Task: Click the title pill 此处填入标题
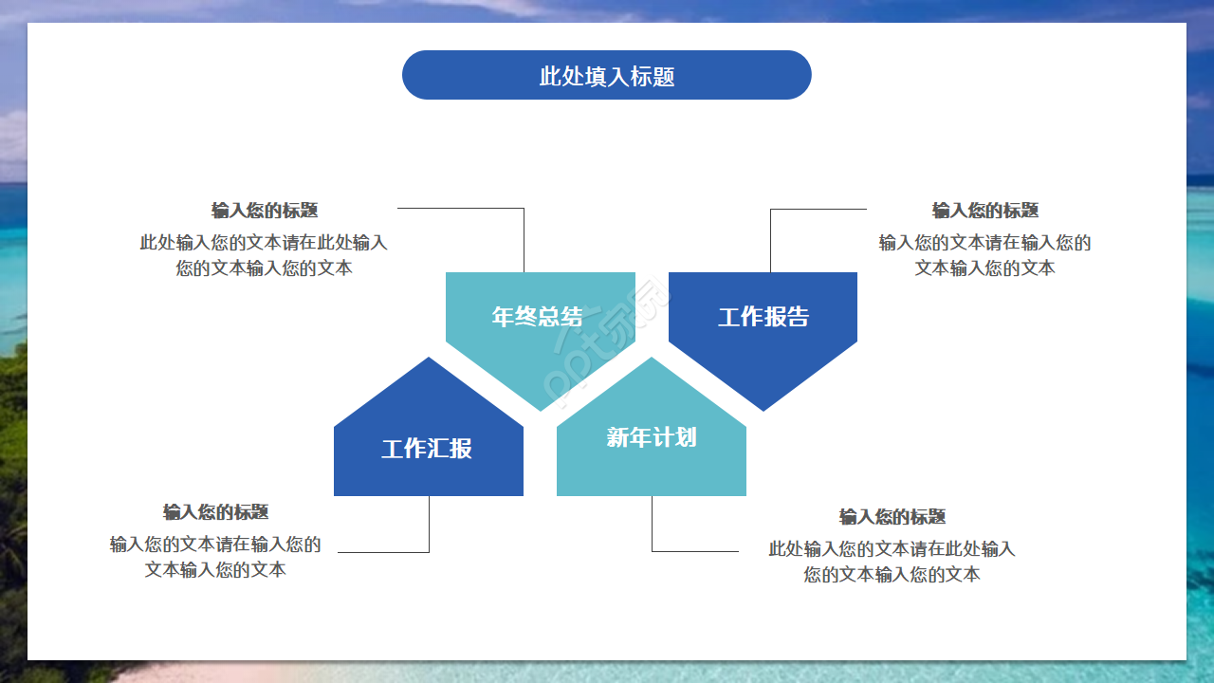(x=607, y=76)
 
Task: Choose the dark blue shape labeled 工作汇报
(x=428, y=448)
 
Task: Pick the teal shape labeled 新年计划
(x=652, y=437)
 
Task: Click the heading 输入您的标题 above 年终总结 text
(x=265, y=211)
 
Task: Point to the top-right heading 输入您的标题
(x=985, y=211)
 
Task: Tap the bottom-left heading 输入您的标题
(x=216, y=512)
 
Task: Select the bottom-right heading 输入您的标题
(x=892, y=517)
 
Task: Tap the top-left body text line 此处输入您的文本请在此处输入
(x=264, y=243)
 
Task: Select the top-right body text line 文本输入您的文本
(x=985, y=268)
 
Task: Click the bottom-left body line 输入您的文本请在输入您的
(x=216, y=545)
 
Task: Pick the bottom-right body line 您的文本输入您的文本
(x=892, y=575)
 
